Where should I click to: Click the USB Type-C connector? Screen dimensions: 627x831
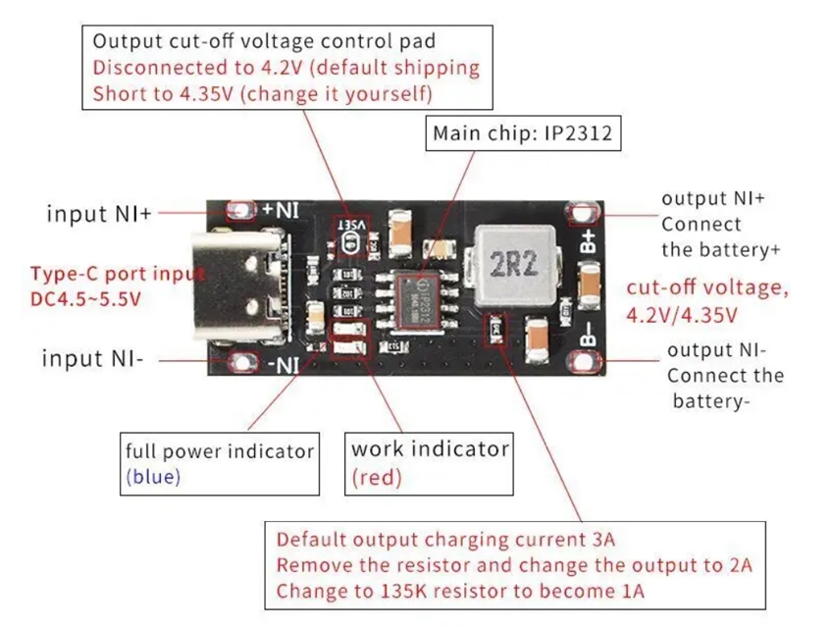[245, 286]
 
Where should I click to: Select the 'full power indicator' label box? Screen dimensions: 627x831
[220, 463]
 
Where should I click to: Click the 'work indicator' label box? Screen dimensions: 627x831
[430, 463]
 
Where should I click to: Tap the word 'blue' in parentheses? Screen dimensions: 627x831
[154, 477]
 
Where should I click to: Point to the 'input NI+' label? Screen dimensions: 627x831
[98, 213]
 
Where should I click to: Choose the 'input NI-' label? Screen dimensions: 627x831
[92, 359]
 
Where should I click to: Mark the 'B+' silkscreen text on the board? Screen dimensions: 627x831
[588, 241]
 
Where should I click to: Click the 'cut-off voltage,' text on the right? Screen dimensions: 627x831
[706, 288]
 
